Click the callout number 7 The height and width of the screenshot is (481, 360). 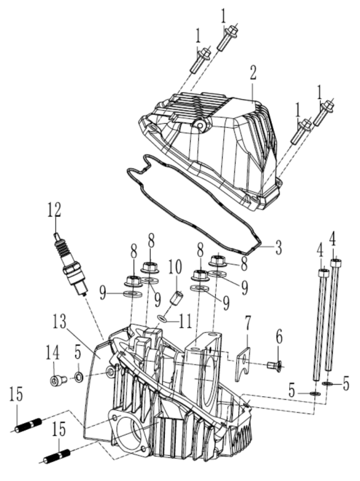click(247, 325)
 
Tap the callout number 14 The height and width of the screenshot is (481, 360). click(53, 350)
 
